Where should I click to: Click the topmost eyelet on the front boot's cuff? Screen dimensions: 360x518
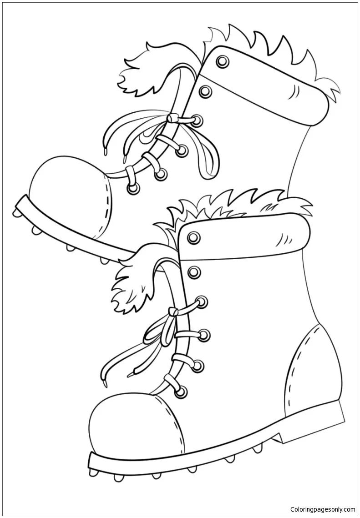pyautogui.click(x=194, y=237)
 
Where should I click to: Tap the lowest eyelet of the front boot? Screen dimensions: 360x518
pyautogui.click(x=181, y=392)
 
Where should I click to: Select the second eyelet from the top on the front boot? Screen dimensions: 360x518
pyautogui.click(x=194, y=272)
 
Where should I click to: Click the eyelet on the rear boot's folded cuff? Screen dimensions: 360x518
pyautogui.click(x=223, y=61)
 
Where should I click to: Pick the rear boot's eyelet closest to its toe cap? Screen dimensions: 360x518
pyautogui.click(x=133, y=188)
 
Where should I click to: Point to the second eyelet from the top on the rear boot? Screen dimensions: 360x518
pyautogui.click(x=205, y=91)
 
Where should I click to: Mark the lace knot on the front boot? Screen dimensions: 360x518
pyautogui.click(x=172, y=311)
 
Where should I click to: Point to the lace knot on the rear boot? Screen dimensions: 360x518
pyautogui.click(x=172, y=118)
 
